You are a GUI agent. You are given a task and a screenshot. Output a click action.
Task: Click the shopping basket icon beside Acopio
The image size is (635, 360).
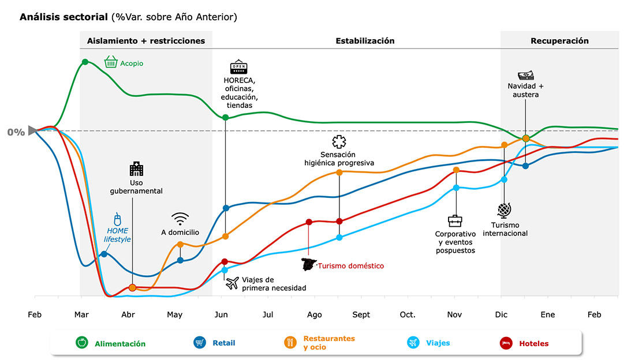pyautogui.click(x=111, y=62)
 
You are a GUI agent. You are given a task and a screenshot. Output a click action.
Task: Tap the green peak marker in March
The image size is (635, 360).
pyautogui.click(x=85, y=62)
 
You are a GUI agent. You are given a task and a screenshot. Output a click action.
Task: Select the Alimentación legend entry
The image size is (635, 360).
pyautogui.click(x=111, y=343)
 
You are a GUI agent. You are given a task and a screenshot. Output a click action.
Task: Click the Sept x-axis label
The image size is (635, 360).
pyautogui.click(x=361, y=314)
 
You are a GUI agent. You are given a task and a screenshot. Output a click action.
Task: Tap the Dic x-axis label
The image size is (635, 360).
pyautogui.click(x=501, y=314)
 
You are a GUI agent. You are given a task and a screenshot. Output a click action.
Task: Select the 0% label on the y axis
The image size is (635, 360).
pyautogui.click(x=16, y=132)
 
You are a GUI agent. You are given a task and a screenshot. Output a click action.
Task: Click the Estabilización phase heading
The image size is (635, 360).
pyautogui.click(x=365, y=41)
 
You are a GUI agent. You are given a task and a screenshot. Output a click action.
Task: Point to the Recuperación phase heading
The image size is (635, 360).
pyautogui.click(x=559, y=41)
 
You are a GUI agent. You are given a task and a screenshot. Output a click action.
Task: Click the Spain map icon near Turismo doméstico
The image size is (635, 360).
pyautogui.click(x=309, y=265)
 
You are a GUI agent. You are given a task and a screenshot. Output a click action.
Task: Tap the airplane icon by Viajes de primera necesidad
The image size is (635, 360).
pyautogui.click(x=232, y=283)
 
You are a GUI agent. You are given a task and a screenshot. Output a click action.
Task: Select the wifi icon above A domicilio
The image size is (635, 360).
pyautogui.click(x=180, y=218)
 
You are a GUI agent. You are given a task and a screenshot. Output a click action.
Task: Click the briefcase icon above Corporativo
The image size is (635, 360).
pyautogui.click(x=455, y=221)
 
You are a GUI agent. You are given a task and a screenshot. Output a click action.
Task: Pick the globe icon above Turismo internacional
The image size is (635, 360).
pyautogui.click(x=503, y=209)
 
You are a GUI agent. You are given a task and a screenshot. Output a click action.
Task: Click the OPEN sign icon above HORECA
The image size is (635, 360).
pyautogui.click(x=238, y=66)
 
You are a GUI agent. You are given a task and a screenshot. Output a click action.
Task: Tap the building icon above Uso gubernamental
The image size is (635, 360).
pyautogui.click(x=136, y=169)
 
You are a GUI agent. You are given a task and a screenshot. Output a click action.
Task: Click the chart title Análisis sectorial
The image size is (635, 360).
pyautogui.click(x=63, y=17)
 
